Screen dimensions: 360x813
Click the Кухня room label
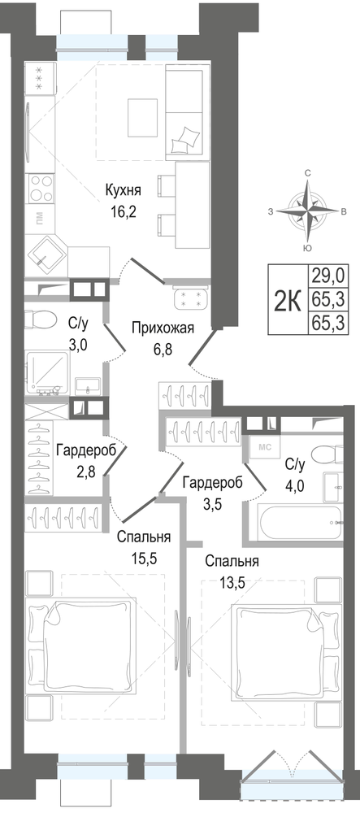pos(123,189)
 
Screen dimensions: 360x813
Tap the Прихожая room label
pos(163,328)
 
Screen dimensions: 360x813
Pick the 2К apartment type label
pos(287,300)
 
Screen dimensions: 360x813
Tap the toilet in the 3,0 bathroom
pos(40,319)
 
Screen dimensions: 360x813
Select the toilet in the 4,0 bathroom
pos(327,454)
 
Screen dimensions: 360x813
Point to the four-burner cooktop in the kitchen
pos(41,189)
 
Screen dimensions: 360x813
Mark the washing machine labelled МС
pos(264,446)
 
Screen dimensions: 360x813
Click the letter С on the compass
pos(308,173)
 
